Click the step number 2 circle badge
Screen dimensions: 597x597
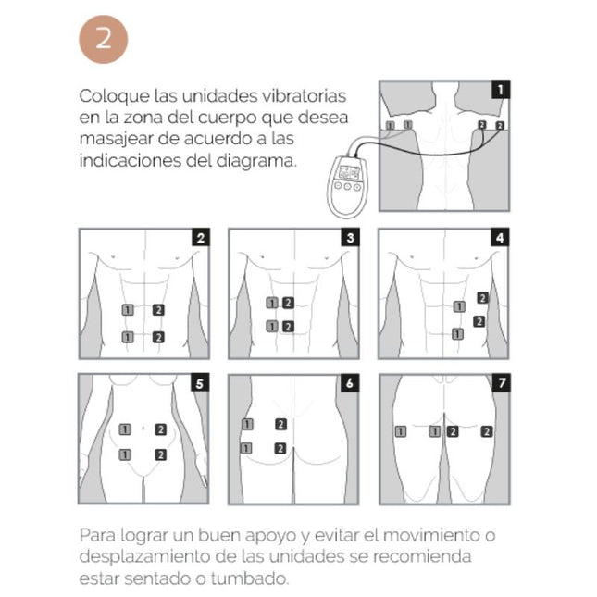pos(103,40)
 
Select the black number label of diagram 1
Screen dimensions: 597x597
pos(501,90)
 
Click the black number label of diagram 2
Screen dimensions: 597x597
pos(200,238)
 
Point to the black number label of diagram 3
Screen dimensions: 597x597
pos(350,238)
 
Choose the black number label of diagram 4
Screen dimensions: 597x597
pos(501,238)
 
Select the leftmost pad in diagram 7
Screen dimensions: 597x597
pos(400,431)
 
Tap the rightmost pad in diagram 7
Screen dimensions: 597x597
pos(486,431)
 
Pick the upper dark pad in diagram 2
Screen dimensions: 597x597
pos(159,308)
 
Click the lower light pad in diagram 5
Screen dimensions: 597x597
pos(126,454)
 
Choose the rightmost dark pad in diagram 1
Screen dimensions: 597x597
pos(500,125)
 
